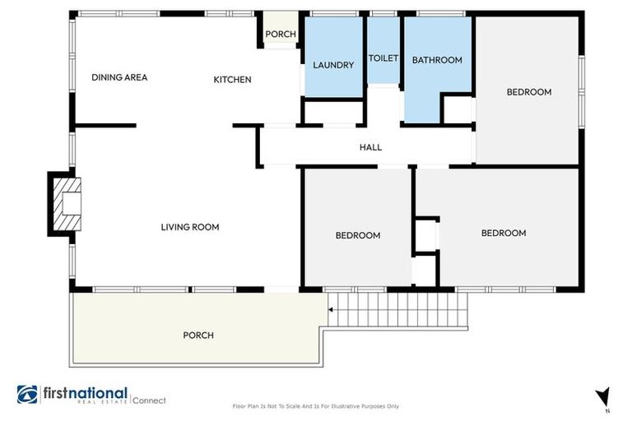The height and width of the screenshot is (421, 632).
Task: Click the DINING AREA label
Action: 119,77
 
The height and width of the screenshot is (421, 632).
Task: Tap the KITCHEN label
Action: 232,80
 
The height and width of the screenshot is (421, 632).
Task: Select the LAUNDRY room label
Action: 333,66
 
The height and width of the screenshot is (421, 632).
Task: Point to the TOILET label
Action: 383,58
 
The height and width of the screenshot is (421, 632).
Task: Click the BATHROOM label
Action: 437,60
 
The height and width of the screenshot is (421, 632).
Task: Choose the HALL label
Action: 370,147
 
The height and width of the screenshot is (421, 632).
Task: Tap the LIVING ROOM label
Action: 189,227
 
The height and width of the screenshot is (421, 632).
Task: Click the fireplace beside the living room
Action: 66,203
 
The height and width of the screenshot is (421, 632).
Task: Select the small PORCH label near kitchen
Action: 280,34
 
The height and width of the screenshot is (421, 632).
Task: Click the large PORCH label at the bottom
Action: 198,335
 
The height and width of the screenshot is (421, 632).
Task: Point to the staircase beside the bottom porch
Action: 399,309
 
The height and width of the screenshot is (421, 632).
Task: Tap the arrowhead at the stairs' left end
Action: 331,310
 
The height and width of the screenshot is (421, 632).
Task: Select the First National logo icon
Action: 26,395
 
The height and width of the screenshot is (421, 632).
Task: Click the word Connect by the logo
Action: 150,400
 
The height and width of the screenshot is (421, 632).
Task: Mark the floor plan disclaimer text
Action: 316,406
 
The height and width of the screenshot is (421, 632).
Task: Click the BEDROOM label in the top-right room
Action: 527,92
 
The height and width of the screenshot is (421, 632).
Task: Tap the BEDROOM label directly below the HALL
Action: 357,236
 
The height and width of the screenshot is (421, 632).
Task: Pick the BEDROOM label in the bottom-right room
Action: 503,234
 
